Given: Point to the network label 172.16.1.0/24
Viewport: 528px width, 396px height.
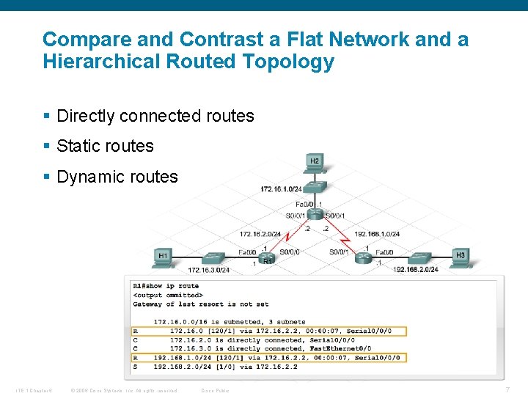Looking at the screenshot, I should (281, 189).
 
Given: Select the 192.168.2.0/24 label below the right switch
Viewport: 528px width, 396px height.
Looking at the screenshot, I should (416, 270).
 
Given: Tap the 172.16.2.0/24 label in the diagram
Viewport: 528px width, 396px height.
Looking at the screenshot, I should (260, 235).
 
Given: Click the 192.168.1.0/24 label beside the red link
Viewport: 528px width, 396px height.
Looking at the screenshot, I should (377, 235).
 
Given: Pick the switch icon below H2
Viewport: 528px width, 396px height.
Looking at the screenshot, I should (315, 187).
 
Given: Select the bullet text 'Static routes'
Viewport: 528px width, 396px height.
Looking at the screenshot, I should (105, 146).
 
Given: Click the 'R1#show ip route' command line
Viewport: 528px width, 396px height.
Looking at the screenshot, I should (166, 286).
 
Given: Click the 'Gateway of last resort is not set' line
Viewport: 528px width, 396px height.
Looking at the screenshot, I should (201, 304).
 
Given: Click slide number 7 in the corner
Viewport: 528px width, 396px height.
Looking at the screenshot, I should (508, 389).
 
